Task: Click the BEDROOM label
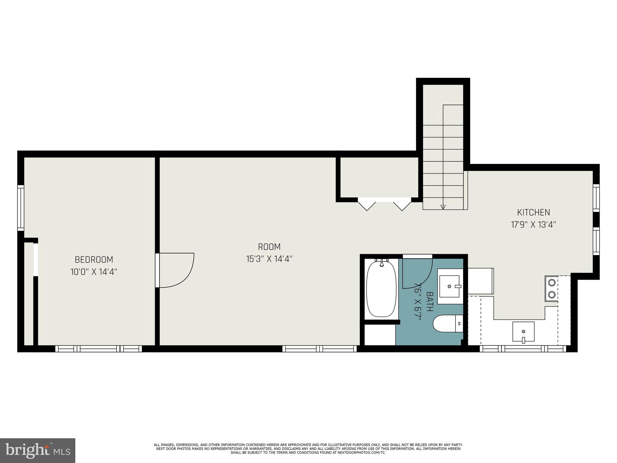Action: pyautogui.click(x=94, y=260)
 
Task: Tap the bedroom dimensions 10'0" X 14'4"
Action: pyautogui.click(x=94, y=272)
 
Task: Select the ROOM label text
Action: pyautogui.click(x=269, y=247)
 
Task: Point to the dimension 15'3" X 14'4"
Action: pyautogui.click(x=269, y=259)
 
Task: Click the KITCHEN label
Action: pyautogui.click(x=534, y=213)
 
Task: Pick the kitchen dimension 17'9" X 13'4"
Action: pyautogui.click(x=534, y=225)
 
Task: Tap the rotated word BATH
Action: pyautogui.click(x=430, y=301)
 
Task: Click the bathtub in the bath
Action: pyautogui.click(x=381, y=289)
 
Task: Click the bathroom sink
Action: pyautogui.click(x=450, y=286)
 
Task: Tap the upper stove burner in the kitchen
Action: pyautogui.click(x=552, y=282)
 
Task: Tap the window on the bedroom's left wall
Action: pyautogui.click(x=20, y=208)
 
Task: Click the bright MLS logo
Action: pyautogui.click(x=37, y=450)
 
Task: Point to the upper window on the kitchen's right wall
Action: pyautogui.click(x=596, y=198)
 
